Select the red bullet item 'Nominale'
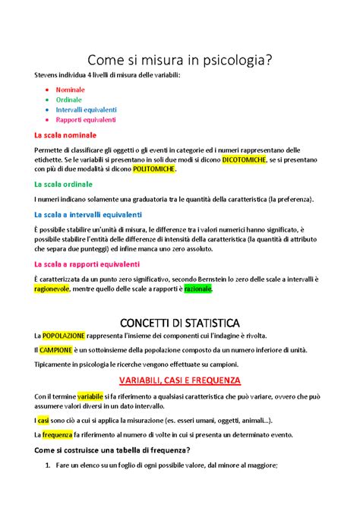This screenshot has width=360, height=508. tap(70, 89)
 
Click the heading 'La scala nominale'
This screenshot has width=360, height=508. tap(65, 135)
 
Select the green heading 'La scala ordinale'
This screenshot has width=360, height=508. tap(64, 185)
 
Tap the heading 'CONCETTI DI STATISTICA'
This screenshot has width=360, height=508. tap(179, 320)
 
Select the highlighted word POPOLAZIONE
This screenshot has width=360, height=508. tap(64, 336)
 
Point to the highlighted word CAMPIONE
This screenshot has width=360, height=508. tap(57, 350)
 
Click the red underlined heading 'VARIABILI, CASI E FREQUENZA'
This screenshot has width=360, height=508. tap(179, 379)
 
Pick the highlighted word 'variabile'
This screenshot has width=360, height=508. tap(90, 396)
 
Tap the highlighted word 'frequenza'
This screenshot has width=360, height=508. tap(57, 434)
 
